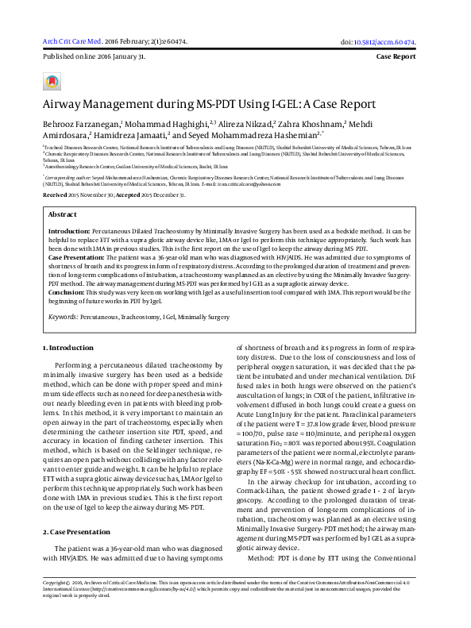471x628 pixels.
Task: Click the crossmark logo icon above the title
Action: click(x=52, y=82)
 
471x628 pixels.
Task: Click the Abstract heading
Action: click(x=63, y=214)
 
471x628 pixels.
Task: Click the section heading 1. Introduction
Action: click(x=68, y=348)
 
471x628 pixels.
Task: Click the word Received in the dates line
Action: click(x=55, y=195)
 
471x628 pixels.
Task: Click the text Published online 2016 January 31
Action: click(x=83, y=58)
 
